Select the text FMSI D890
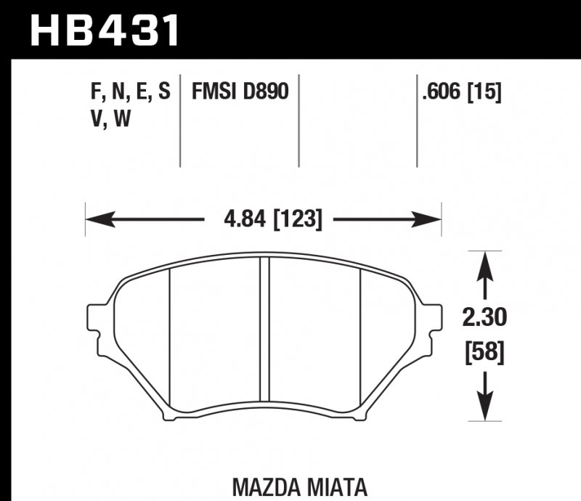[240, 92]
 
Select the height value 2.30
[483, 317]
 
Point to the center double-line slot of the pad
[264, 338]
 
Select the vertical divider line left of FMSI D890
[180, 120]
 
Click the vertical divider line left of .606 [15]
[417, 120]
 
